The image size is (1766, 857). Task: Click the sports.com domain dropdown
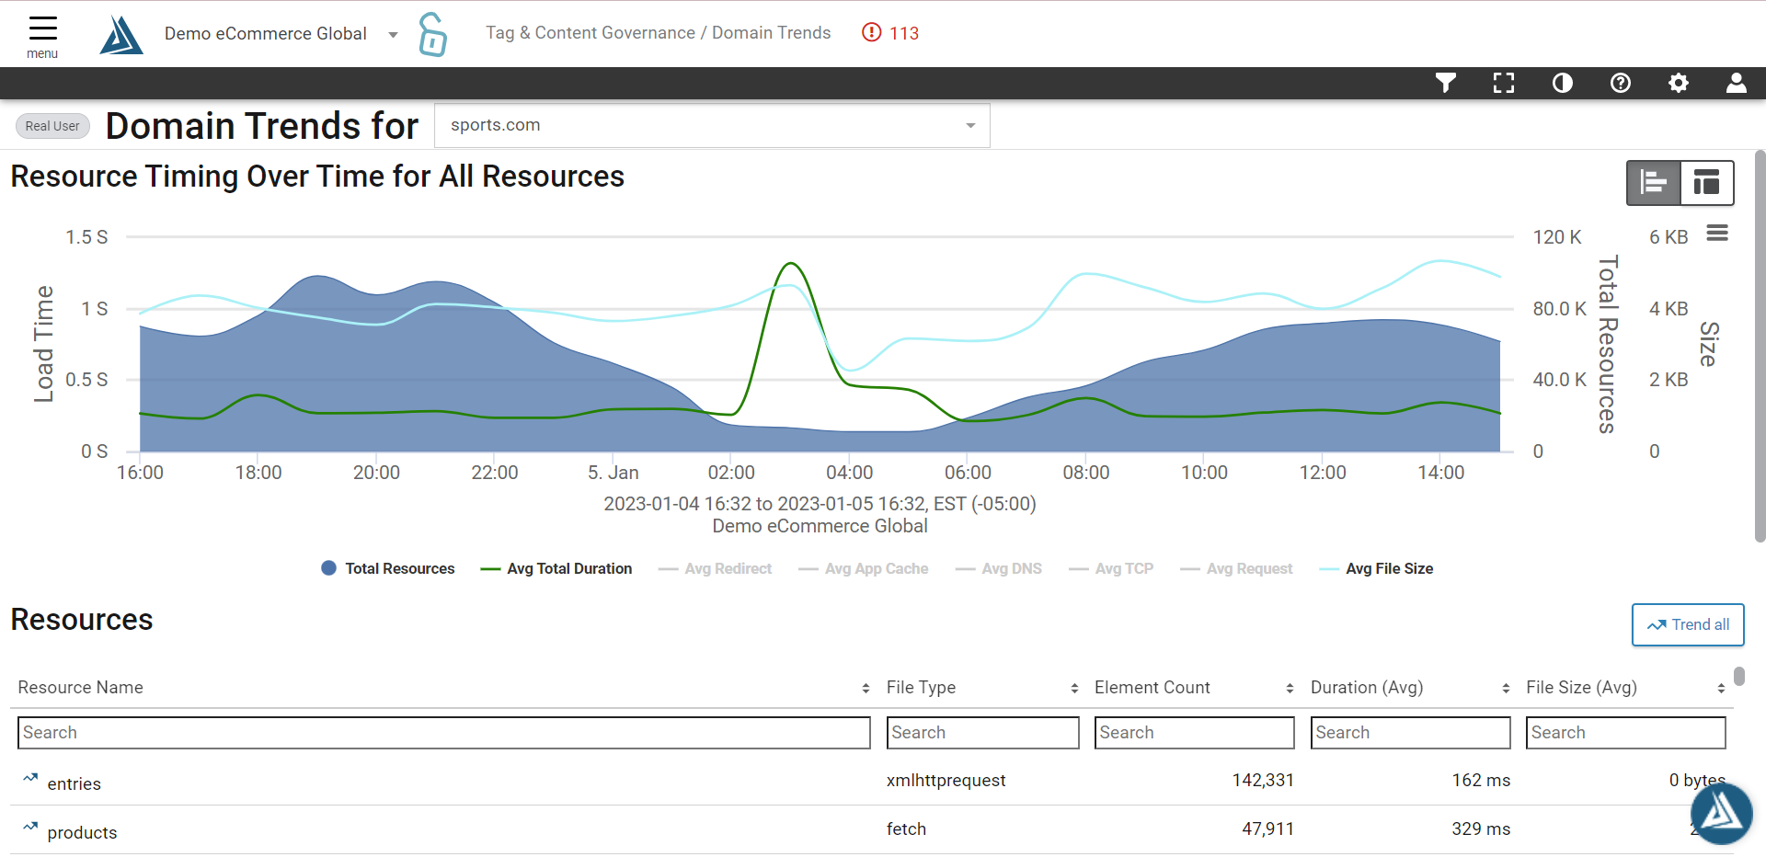click(x=711, y=126)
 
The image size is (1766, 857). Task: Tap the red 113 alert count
click(x=890, y=33)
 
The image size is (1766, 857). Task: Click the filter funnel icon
click(x=1445, y=84)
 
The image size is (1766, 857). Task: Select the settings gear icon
click(x=1678, y=84)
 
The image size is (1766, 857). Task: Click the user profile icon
click(x=1736, y=84)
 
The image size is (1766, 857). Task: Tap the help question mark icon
click(x=1620, y=84)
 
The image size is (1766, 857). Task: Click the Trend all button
click(x=1687, y=624)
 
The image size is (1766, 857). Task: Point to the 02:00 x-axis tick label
click(x=731, y=473)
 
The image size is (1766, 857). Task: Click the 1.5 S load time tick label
click(x=86, y=237)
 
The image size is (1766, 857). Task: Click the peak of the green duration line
click(x=790, y=264)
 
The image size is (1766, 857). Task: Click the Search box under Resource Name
click(x=443, y=733)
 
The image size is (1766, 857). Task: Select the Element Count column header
click(x=1152, y=688)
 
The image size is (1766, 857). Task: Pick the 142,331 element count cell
click(x=1262, y=781)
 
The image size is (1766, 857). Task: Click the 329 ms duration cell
click(x=1480, y=829)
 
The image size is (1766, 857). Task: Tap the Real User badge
click(x=52, y=126)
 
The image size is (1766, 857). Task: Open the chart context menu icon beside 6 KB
click(x=1716, y=234)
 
